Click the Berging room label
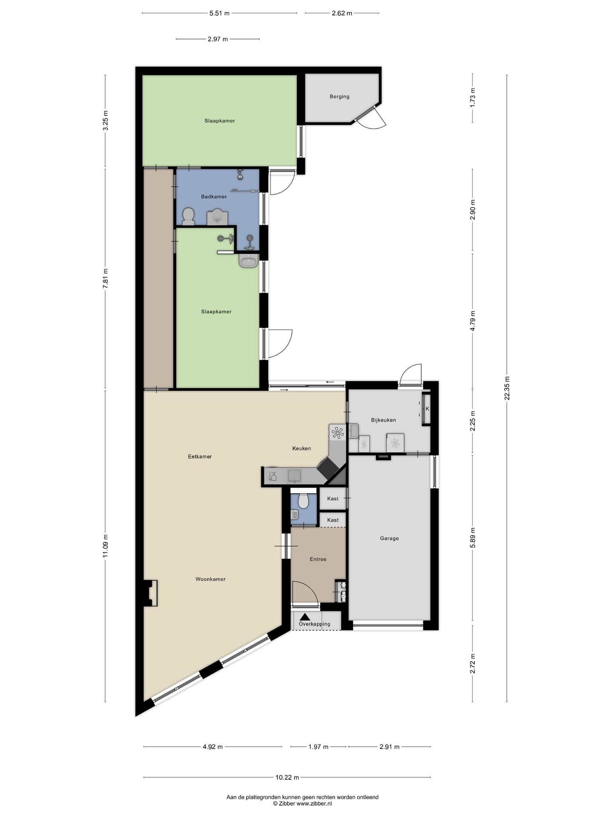pos(339,96)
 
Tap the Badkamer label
pos(214,196)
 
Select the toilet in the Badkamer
pos(188,217)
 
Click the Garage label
pos(389,538)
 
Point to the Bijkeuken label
pos(383,420)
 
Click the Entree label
pos(318,559)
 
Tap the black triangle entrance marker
pos(305,616)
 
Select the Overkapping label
pos(315,624)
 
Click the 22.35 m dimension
pos(507,388)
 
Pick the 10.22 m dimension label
pos(287,777)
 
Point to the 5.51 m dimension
pos(220,13)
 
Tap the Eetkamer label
pos(200,457)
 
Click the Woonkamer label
pos(210,579)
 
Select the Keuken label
pos(302,448)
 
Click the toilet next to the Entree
pos(304,501)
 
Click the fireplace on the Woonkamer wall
pos(151,593)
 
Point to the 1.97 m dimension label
pos(318,747)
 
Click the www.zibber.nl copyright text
pos(302,804)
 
